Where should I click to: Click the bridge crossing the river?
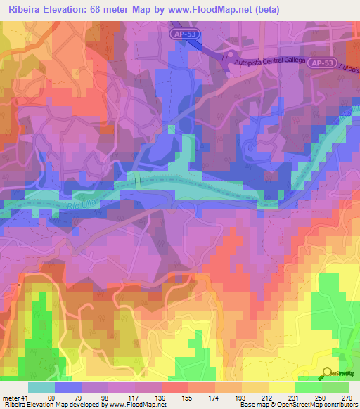click(x=139, y=182)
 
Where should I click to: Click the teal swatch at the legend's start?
click(x=41, y=387)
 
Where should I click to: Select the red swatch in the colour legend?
click(x=174, y=387)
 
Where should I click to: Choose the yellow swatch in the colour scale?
click(x=281, y=387)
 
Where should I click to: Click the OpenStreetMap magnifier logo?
click(x=328, y=374)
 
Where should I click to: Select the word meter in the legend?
click(x=11, y=397)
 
